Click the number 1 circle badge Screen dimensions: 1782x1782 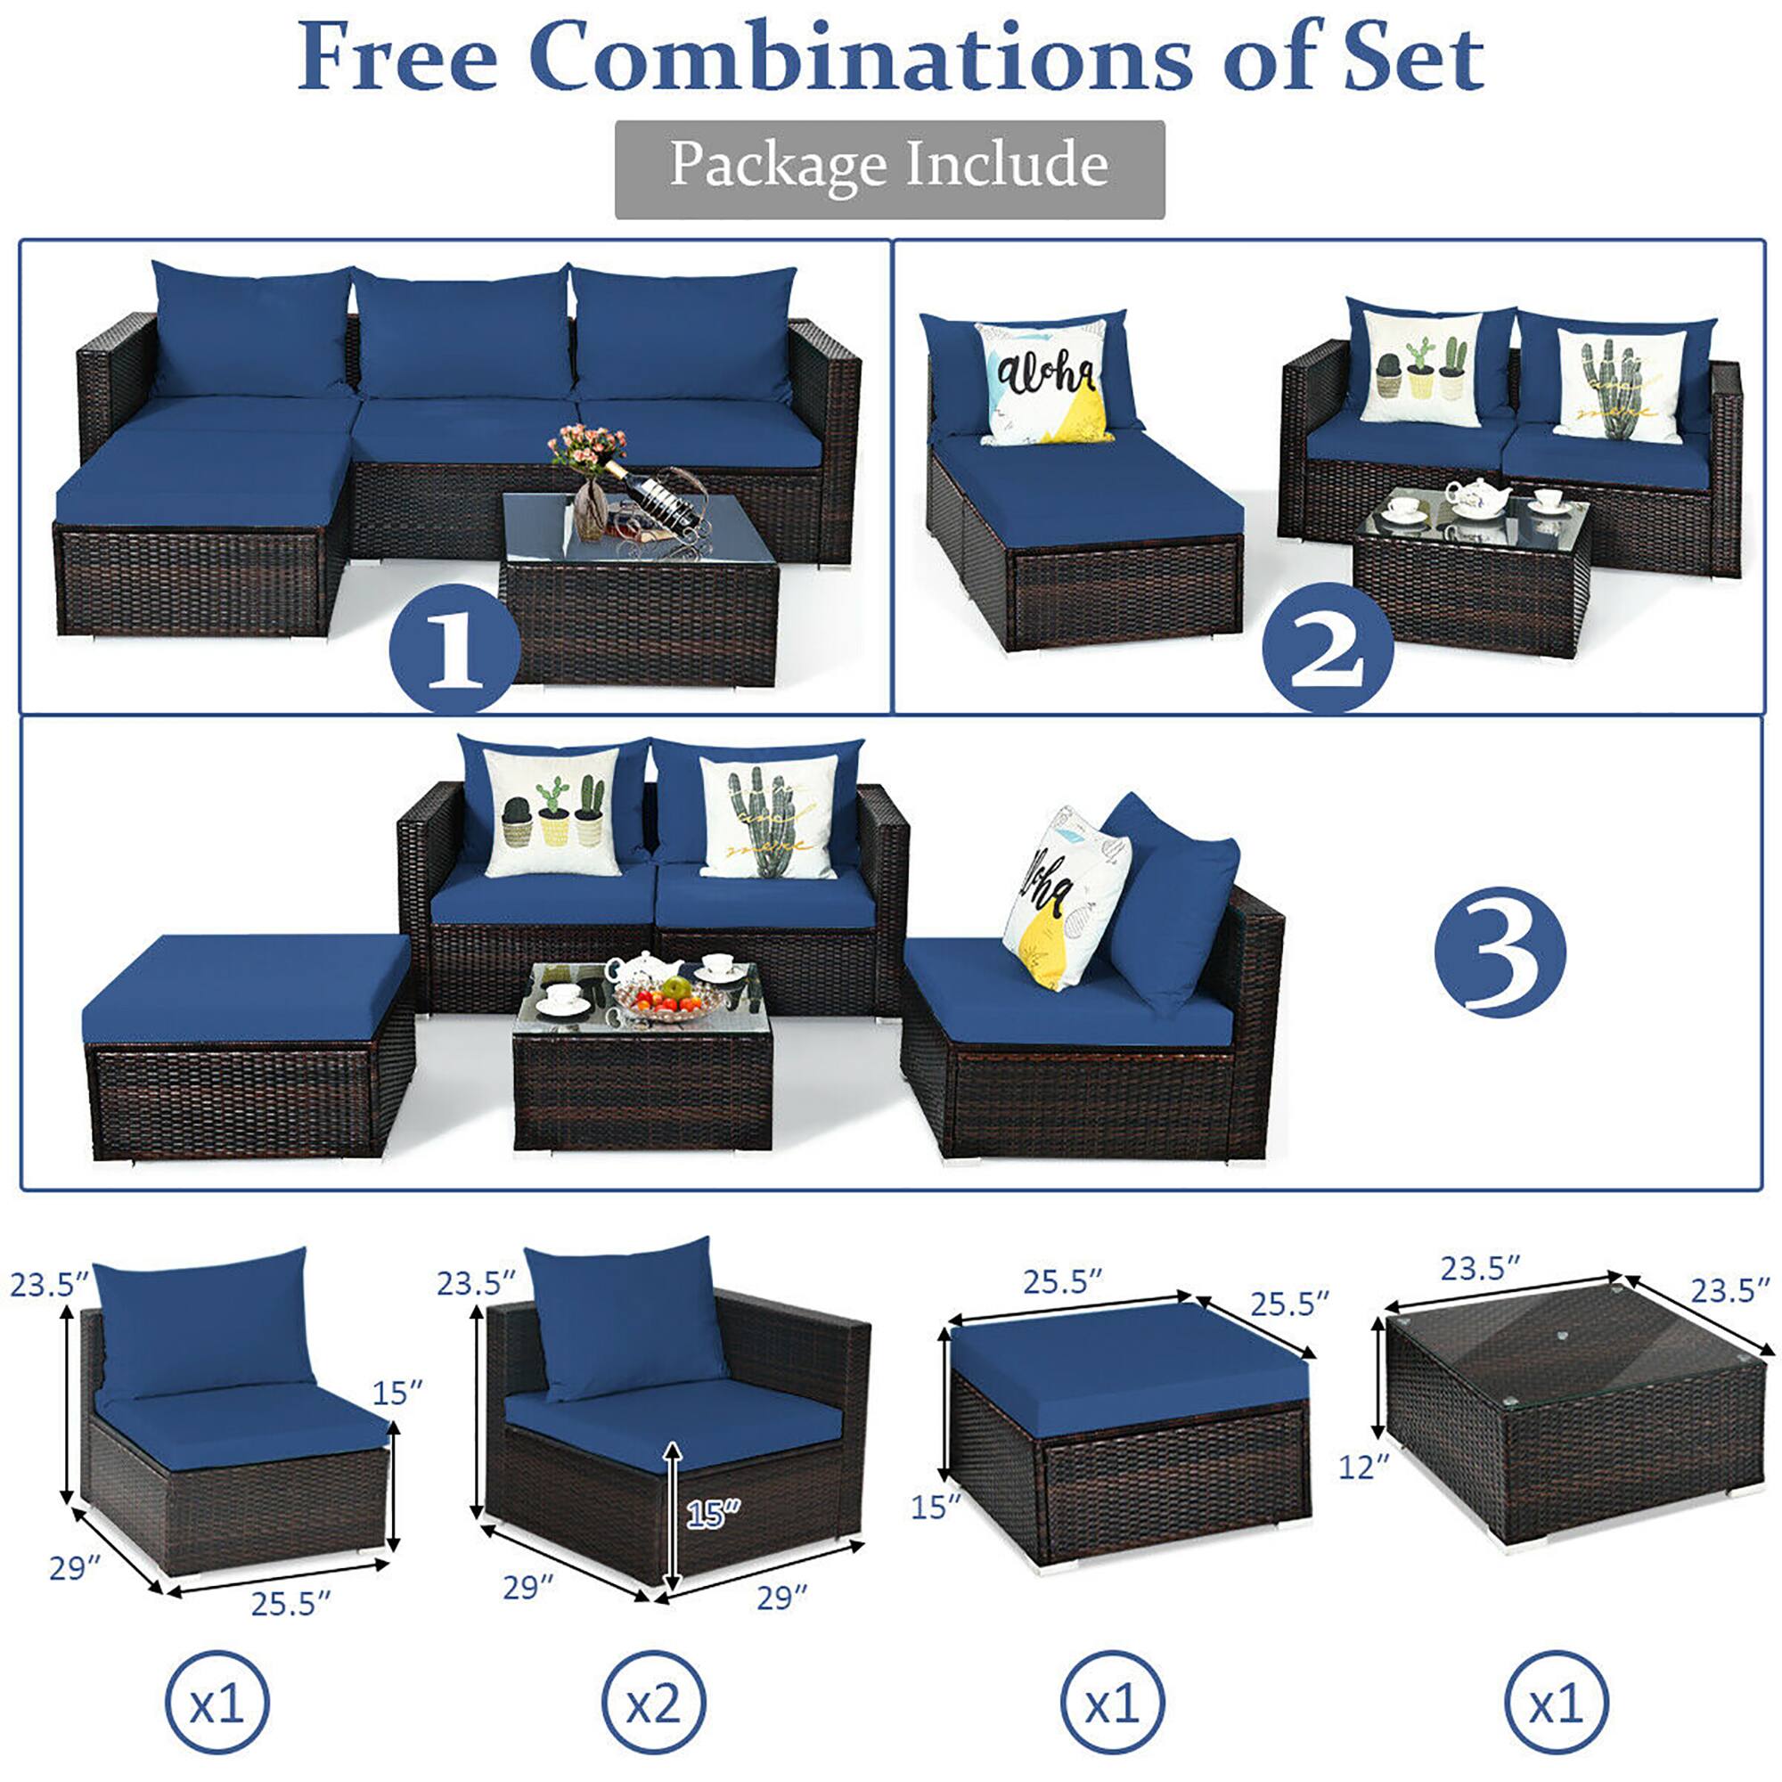click(454, 648)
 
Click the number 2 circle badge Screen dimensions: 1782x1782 click(1327, 648)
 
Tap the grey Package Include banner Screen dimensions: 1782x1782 click(889, 168)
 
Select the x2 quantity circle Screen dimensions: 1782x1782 click(653, 1703)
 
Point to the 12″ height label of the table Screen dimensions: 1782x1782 click(1363, 1466)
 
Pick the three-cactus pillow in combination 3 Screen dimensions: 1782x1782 click(552, 812)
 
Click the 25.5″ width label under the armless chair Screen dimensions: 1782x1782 click(290, 1606)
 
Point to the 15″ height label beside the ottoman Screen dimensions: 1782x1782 click(936, 1508)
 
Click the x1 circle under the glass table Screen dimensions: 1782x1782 click(1556, 1703)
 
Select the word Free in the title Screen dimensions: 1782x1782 click(396, 57)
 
